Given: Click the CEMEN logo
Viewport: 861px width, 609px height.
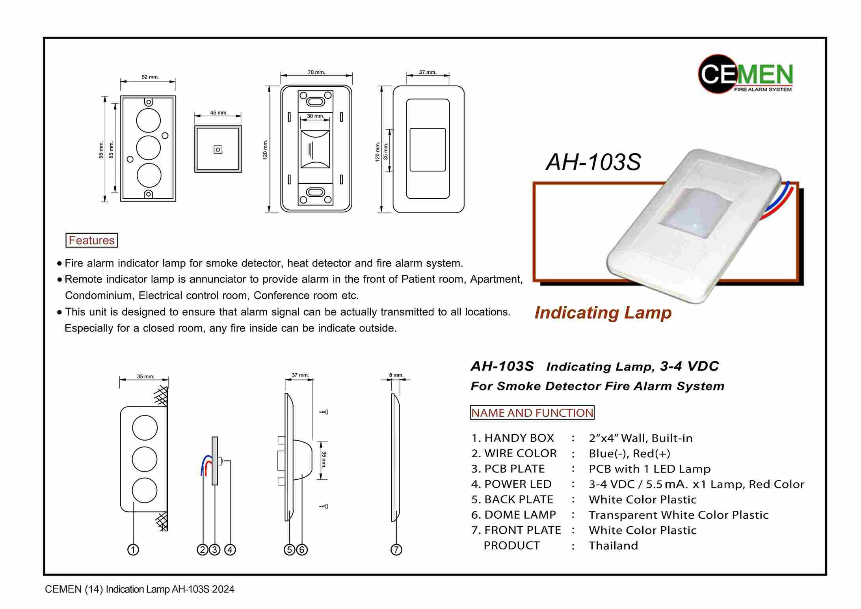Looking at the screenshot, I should coord(745,74).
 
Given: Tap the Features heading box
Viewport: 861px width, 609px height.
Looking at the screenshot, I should coord(91,240).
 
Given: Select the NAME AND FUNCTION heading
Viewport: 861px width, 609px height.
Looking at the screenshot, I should coord(532,413).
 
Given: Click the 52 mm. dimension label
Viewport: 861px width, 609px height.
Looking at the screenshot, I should coord(150,77).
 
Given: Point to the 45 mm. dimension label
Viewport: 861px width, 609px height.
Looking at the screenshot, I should coord(219,112).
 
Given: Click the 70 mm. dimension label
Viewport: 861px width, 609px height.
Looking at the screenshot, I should coord(316,72).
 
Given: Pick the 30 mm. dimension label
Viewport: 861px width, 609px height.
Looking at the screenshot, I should coord(316,116).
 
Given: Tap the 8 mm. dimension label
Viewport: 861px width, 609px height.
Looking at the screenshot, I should coord(396,375).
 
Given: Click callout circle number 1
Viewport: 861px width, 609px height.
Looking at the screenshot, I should coord(133,549).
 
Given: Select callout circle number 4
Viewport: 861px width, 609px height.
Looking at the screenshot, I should coord(230,549).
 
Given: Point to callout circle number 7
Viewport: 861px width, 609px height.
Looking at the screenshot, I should coord(396,549).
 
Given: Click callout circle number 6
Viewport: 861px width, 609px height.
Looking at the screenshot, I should coord(302,549).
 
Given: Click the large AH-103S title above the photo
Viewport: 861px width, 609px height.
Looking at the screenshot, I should coord(593,162).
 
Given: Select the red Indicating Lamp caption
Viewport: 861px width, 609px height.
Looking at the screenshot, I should coord(603,313).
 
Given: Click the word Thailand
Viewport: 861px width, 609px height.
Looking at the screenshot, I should coord(613,546).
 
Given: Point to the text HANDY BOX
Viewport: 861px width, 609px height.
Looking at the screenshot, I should coord(519,438).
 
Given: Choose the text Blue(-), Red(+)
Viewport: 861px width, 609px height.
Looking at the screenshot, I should coord(629,453).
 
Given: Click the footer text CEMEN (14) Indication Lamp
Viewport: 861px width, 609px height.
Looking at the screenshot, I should coord(139,589).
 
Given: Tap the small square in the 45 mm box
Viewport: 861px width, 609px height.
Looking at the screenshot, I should coord(218,149).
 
